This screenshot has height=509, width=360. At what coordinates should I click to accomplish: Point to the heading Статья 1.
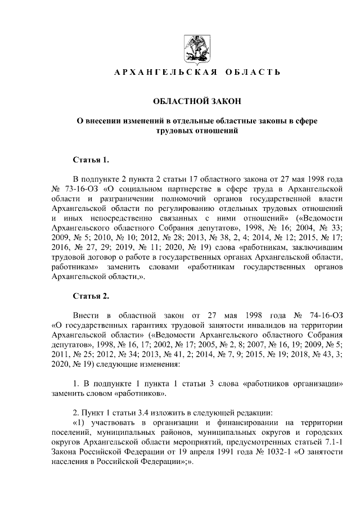click(x=91, y=160)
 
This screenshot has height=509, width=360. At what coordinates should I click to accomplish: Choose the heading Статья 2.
click(x=91, y=295)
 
